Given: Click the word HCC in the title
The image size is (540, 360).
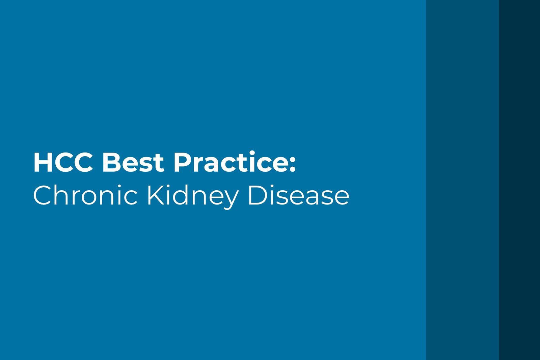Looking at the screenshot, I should tap(62, 163).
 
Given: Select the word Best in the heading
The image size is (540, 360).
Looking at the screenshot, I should tap(133, 163).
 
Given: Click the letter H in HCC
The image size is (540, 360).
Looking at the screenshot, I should tap(42, 163).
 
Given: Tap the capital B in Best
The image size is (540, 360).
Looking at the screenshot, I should tap(110, 163).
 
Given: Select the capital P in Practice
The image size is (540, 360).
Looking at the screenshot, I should tap(181, 163).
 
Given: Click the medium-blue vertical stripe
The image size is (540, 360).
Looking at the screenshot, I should tap(462, 180).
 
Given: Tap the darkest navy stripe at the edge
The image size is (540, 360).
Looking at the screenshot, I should tap(519, 180).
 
